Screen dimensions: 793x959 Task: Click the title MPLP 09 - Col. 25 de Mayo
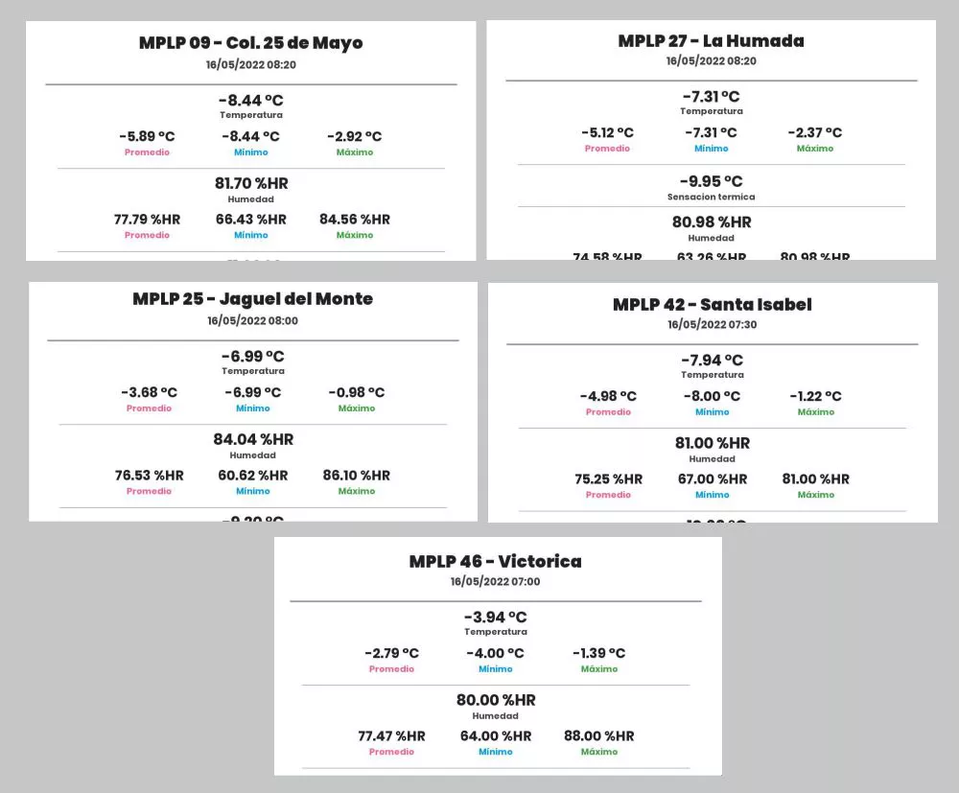(250, 43)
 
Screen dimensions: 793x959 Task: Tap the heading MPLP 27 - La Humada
(711, 40)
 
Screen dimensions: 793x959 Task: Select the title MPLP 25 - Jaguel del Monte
(252, 299)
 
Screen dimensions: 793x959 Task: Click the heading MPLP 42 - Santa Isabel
(712, 305)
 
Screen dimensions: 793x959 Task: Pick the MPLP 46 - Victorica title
(495, 562)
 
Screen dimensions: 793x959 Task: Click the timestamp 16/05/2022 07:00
(495, 581)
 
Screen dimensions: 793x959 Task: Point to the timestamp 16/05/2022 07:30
(712, 324)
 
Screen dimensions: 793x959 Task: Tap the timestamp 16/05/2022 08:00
(252, 320)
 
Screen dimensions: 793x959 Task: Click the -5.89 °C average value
(147, 136)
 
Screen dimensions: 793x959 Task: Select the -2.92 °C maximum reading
(354, 136)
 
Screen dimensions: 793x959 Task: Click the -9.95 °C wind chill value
(711, 181)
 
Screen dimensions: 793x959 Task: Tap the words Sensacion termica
(711, 197)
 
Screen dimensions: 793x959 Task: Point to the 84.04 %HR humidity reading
(253, 439)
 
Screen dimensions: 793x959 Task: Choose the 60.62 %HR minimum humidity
(252, 476)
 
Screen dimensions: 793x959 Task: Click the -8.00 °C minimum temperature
(712, 396)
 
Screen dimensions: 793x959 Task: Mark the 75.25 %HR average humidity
(608, 479)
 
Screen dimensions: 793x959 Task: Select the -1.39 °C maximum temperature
(598, 653)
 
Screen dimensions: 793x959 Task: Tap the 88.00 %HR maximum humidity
(598, 736)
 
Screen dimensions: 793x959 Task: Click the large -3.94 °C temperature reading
(495, 617)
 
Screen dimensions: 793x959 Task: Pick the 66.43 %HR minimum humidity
(250, 220)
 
